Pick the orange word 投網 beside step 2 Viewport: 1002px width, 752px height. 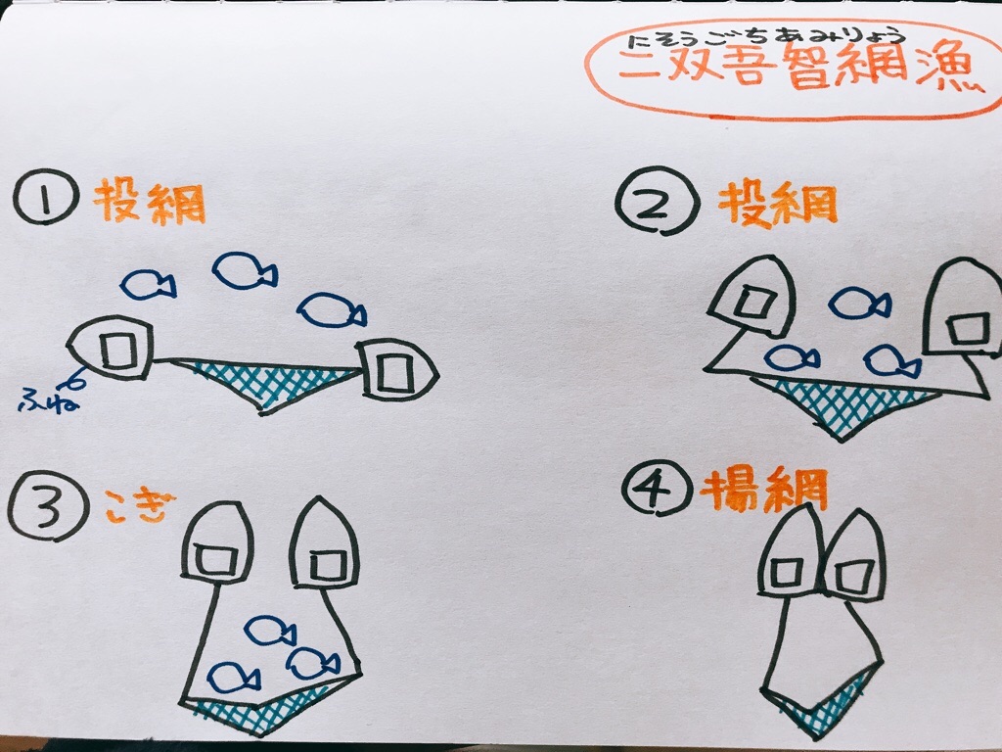pos(778,204)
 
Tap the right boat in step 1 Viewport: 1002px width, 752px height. pos(396,371)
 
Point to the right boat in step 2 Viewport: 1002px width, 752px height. pos(962,313)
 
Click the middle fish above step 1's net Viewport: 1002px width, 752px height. pos(245,270)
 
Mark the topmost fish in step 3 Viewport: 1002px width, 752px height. pos(269,631)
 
